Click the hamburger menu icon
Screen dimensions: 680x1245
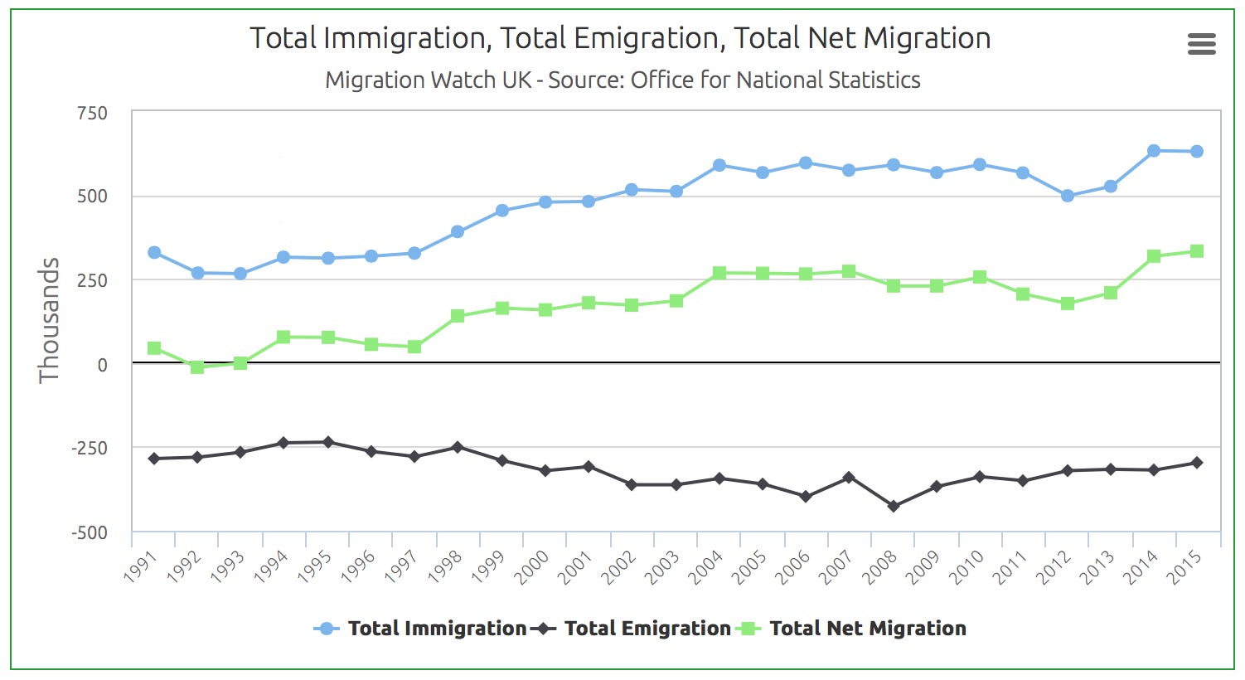pos(1201,43)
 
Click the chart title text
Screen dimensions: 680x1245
pos(620,38)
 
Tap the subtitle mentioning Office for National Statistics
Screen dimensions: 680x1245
pos(622,80)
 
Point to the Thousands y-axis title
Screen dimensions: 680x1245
pos(49,319)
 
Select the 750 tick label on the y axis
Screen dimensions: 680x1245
pos(92,113)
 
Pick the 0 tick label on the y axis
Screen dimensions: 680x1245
pos(102,365)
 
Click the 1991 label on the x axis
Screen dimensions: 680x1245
pos(140,566)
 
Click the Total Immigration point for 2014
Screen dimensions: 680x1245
pos(1154,151)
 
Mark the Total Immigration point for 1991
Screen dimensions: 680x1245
pos(154,252)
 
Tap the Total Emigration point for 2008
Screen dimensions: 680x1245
pos(894,506)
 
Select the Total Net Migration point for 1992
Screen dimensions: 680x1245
pos(197,367)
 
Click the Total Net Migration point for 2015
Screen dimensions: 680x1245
pos(1197,251)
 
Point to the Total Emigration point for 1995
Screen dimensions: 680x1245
pos(328,442)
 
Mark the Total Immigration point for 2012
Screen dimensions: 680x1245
pos(1068,196)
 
